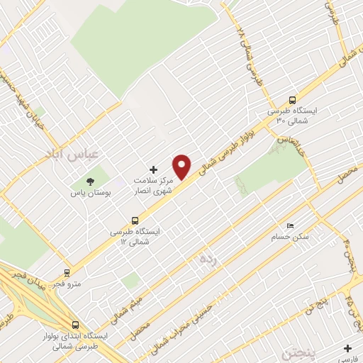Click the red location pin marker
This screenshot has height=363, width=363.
(x=182, y=166)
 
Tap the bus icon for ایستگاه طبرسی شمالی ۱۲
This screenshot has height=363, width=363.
(x=135, y=220)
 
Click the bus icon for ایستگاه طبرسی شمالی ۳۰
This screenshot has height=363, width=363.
(x=291, y=100)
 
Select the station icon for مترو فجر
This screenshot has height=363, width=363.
(x=67, y=272)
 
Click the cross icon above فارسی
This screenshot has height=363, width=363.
(x=347, y=347)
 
